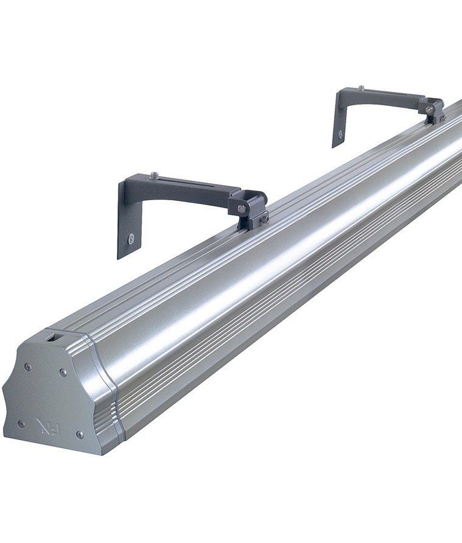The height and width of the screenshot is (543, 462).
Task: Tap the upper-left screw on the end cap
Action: (27, 366)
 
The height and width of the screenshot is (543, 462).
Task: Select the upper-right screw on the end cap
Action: (63, 372)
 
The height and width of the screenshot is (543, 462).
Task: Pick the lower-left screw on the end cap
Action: (21, 423)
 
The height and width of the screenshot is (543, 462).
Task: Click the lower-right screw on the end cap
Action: (80, 435)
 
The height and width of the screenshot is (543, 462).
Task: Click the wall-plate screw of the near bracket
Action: (131, 239)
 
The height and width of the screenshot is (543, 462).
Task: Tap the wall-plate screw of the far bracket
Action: (340, 133)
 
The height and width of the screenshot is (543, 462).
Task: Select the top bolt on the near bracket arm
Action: (154, 175)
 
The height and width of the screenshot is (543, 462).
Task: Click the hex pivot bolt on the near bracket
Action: (242, 209)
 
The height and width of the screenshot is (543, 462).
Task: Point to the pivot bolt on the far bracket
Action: (430, 109)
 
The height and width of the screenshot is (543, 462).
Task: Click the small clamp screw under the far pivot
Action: (443, 117)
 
